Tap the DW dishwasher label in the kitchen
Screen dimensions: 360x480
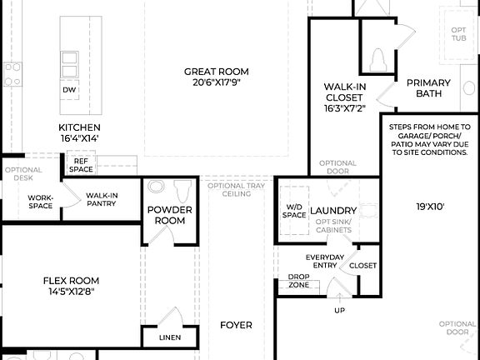[x=69, y=90]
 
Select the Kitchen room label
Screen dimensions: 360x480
[x=79, y=127]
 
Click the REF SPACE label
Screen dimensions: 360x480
[x=81, y=165]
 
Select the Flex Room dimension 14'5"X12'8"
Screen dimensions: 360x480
[x=71, y=292]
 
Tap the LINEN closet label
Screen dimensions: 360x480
[x=170, y=338]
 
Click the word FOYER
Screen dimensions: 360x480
[x=236, y=325]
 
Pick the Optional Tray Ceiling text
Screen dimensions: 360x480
[x=237, y=189]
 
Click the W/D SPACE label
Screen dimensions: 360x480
[x=294, y=211]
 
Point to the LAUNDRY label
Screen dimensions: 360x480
[x=333, y=211]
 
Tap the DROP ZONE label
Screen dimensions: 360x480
[x=299, y=281]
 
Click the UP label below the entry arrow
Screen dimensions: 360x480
[x=339, y=310]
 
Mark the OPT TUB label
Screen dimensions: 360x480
[x=459, y=34]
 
